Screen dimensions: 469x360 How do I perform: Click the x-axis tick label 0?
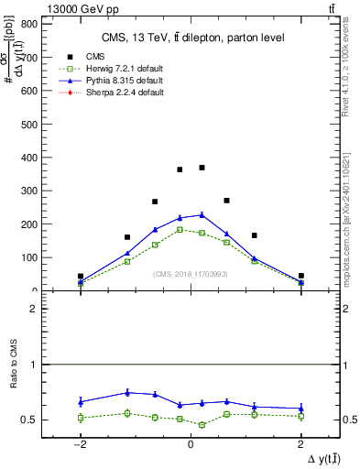(x=191, y=444)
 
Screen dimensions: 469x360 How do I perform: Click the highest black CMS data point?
(x=202, y=168)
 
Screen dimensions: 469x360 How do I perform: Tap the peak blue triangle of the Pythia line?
(x=202, y=214)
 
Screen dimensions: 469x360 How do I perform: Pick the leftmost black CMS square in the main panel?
(x=81, y=276)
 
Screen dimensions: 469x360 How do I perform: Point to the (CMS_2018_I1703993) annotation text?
(x=191, y=274)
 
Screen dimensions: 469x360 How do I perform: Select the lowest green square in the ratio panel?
(x=202, y=425)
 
